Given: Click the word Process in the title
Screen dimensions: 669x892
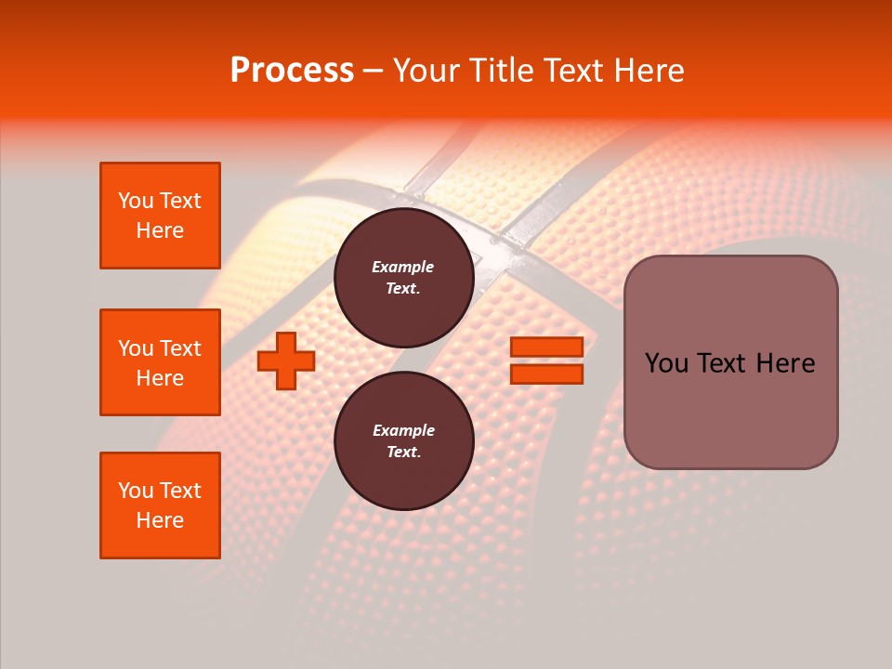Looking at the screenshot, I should coord(292,71).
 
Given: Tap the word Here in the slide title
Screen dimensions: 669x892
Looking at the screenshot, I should coord(649,71).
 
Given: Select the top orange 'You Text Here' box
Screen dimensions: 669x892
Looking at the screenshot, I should coord(160,216).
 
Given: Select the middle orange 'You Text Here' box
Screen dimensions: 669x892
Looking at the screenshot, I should coord(160,362).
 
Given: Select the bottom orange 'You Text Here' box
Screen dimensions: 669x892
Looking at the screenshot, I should coord(160,505).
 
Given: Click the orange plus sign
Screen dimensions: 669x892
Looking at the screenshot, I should coord(286,361).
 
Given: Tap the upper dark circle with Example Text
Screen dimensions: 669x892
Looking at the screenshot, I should coord(404,277).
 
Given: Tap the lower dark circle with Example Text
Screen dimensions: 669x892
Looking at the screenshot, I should coord(404,440).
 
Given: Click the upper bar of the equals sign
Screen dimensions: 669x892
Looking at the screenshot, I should coord(547,348).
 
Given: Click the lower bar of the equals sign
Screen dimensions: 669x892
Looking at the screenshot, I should coord(547,374).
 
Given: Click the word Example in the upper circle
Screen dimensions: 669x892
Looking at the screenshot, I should coord(403,267).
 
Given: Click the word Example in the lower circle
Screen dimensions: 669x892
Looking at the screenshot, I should coord(403,430).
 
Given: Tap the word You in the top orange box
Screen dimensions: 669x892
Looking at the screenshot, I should coord(136,201).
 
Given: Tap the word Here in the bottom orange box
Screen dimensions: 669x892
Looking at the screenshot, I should coord(160,520).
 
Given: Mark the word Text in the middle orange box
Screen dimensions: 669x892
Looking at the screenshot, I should coord(180,348).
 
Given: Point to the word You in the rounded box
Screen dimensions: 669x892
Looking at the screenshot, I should coord(667,363).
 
